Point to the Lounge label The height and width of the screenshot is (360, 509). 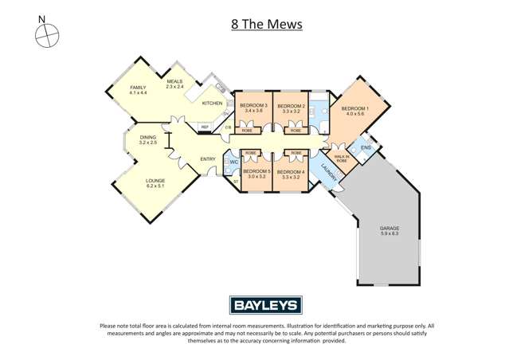[155, 183]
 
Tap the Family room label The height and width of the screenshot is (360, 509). [139, 90]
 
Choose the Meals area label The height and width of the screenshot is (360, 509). [175, 83]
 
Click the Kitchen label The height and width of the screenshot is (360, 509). [211, 104]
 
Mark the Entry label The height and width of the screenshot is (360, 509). [207, 158]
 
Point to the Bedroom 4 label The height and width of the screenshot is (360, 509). [294, 174]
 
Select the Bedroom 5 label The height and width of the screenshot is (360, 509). [256, 174]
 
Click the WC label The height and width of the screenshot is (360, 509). [234, 162]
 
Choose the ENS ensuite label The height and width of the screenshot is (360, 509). [366, 148]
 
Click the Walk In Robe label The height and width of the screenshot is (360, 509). [341, 158]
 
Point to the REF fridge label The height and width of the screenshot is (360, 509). [205, 127]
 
